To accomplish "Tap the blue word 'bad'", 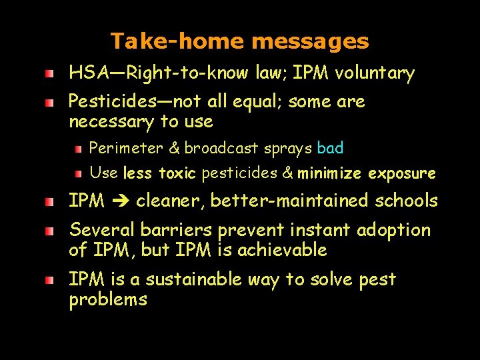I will point(331,147).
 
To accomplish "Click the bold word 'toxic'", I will point(177,174).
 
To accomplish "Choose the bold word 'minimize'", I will point(329,174).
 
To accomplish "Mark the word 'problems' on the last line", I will point(108,299).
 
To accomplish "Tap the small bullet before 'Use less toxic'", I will point(78,174).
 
